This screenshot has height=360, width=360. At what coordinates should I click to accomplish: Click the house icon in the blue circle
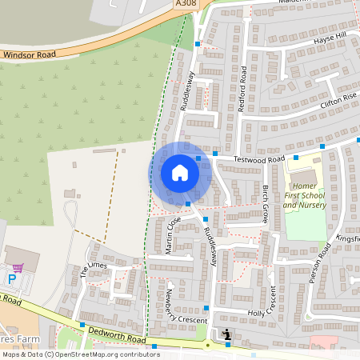click(x=180, y=173)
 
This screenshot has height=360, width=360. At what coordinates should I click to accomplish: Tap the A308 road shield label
click(x=186, y=3)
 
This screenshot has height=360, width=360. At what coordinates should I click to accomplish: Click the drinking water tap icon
click(x=227, y=334)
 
